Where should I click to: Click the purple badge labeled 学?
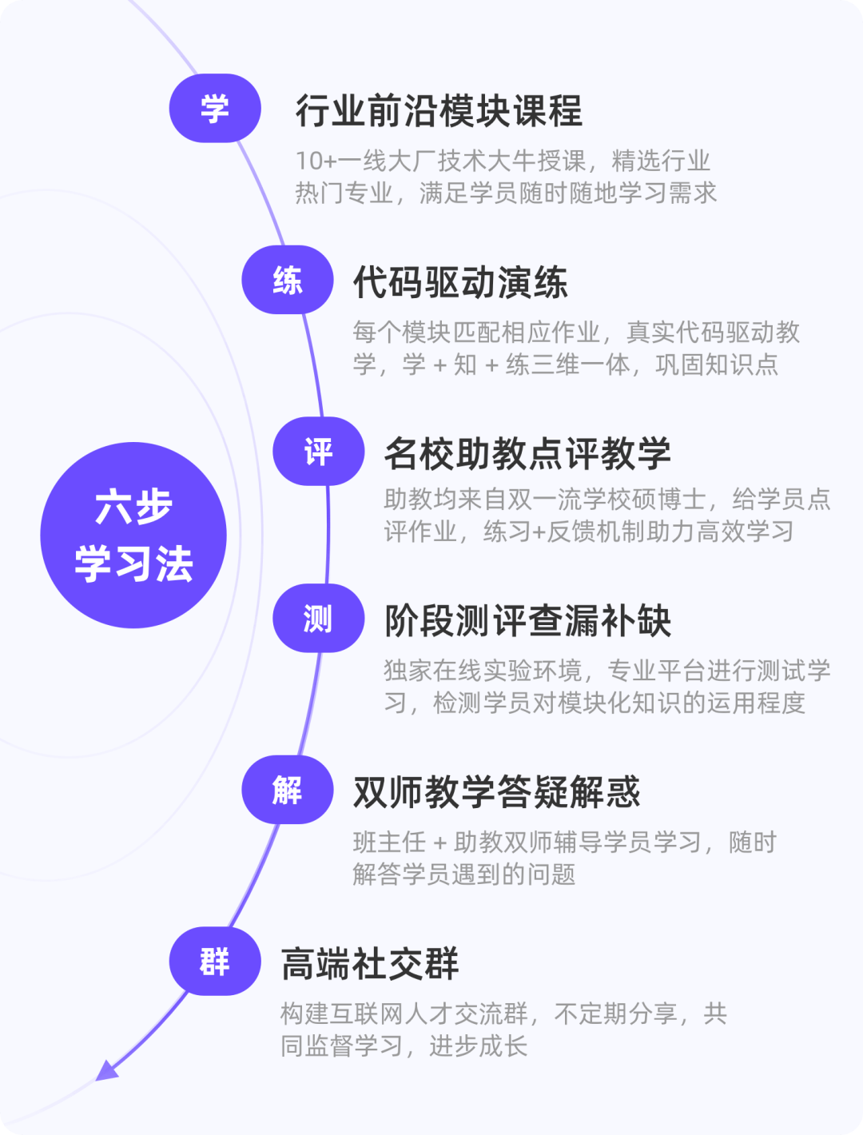pos(215,109)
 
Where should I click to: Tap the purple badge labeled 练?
pos(288,280)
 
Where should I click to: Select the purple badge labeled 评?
pos(318,452)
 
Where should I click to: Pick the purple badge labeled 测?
pos(318,619)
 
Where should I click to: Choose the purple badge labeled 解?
pos(288,790)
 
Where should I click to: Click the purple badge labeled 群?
pos(215,962)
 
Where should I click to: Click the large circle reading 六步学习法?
pos(133,535)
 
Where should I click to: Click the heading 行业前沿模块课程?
pos(439,110)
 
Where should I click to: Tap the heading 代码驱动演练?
pos(460,282)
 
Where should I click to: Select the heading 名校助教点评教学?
pos(527,453)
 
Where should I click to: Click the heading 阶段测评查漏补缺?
pos(527,621)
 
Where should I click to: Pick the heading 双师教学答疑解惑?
pos(496,792)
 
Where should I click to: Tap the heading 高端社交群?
pos(370,964)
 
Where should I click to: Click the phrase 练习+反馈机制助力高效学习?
pos(639,532)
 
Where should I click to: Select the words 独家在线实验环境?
pos(483,671)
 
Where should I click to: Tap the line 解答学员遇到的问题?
pos(464,874)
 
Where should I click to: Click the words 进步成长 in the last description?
pos(479,1046)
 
